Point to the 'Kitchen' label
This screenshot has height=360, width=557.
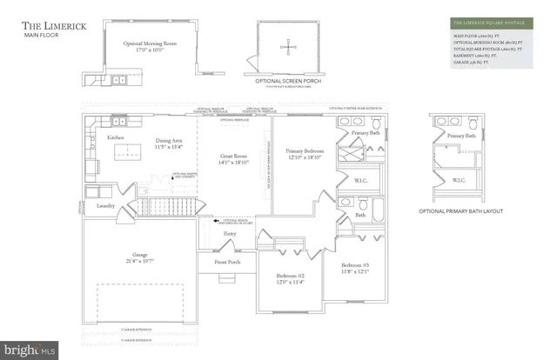tap(116, 138)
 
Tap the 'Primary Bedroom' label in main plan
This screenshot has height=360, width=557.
tap(305, 151)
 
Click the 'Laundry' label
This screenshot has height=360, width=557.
tap(105, 206)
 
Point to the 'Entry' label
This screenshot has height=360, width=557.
tap(230, 233)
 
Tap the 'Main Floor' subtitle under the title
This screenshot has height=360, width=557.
tap(41, 37)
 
